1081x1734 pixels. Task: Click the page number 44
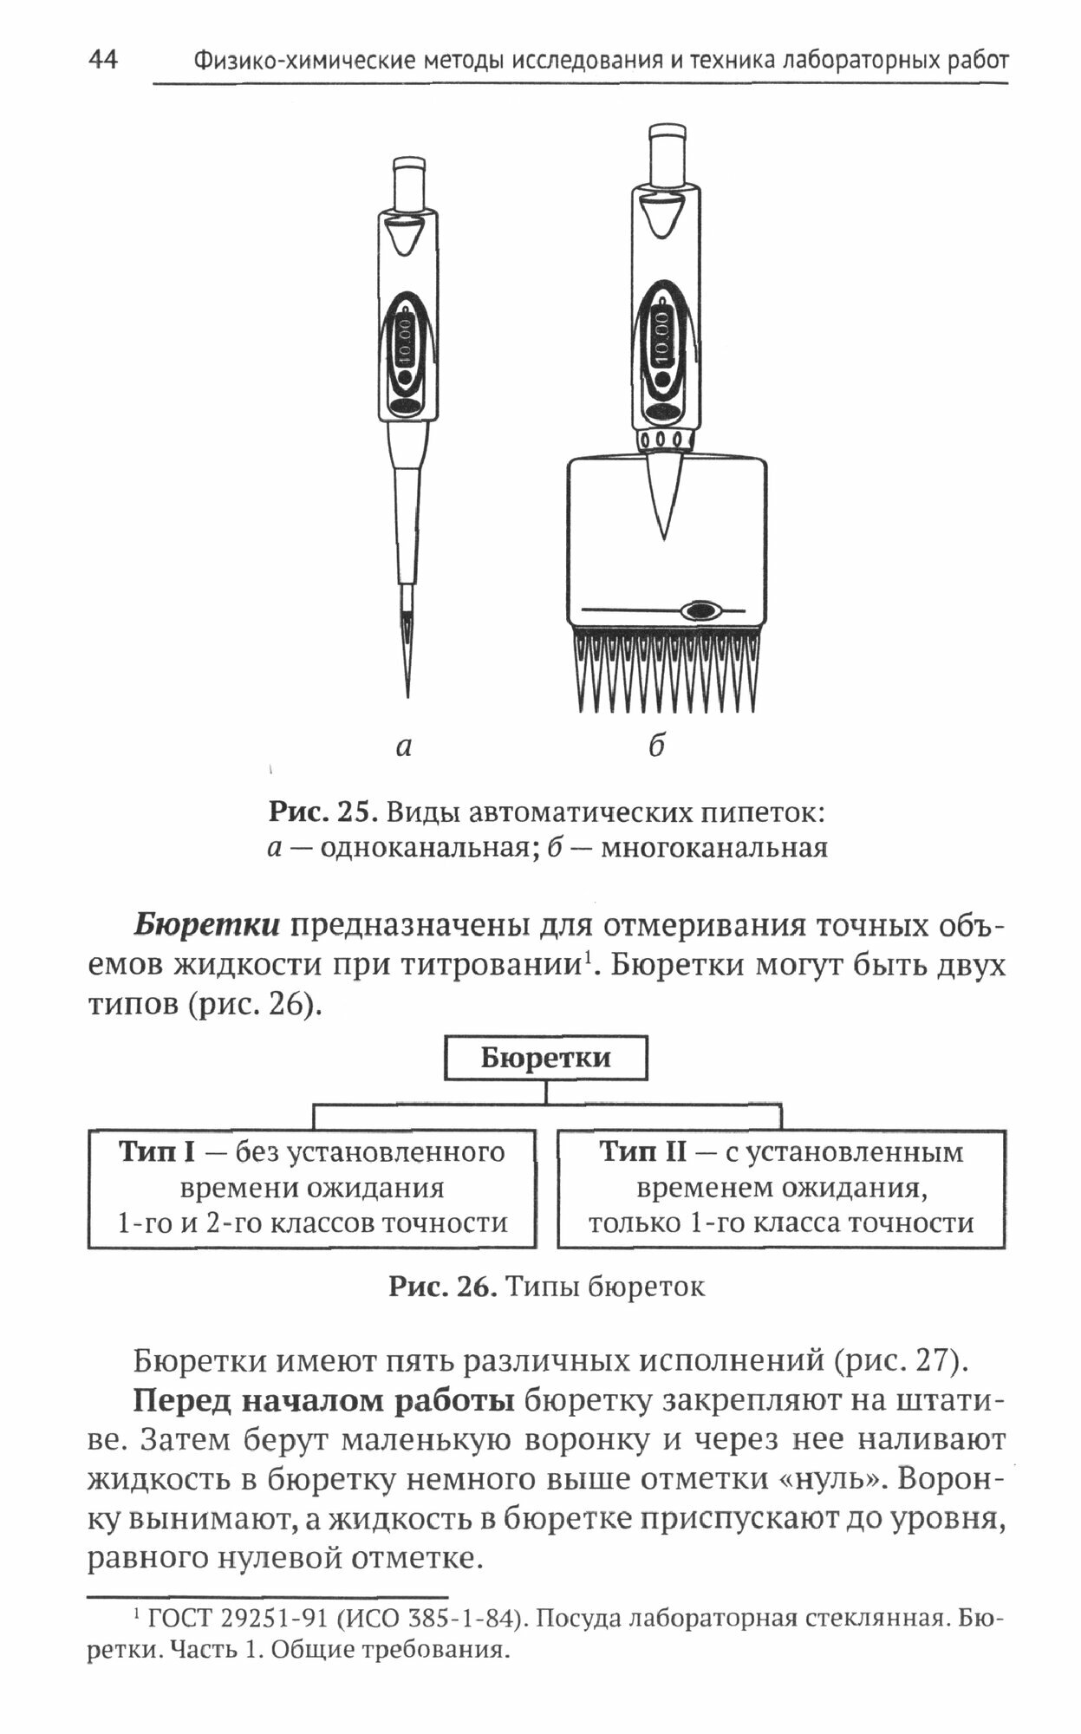[x=103, y=60]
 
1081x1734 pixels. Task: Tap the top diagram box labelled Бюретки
[x=545, y=1058]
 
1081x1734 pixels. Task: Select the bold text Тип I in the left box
[x=158, y=1152]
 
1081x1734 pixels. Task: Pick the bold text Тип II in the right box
[x=642, y=1152]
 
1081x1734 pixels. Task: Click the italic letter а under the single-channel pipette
[x=403, y=746]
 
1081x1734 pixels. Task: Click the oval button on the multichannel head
[x=700, y=610]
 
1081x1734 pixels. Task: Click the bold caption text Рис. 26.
[x=441, y=1287]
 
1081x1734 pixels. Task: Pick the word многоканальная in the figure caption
[x=714, y=847]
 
